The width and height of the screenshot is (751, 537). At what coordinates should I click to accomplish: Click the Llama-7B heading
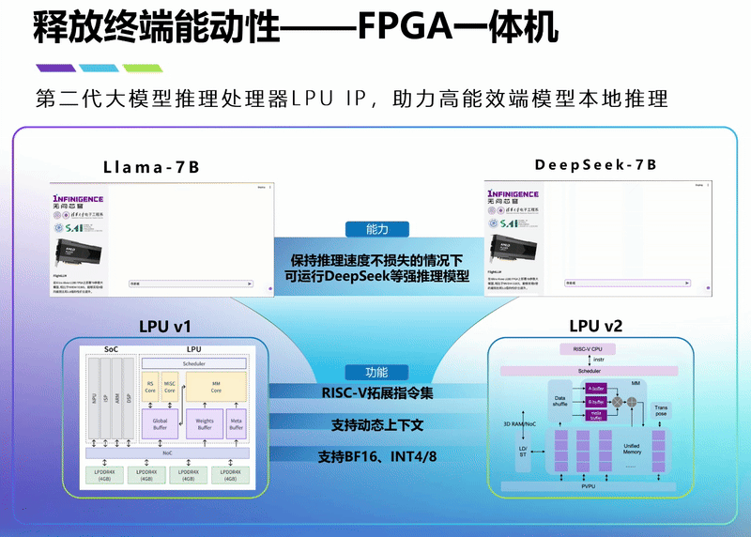pyautogui.click(x=151, y=168)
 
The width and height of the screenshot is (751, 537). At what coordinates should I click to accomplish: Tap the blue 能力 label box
pyautogui.click(x=376, y=229)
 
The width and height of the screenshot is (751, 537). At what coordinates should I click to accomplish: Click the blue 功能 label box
pyautogui.click(x=376, y=372)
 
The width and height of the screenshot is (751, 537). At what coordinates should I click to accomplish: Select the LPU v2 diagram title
pyautogui.click(x=595, y=327)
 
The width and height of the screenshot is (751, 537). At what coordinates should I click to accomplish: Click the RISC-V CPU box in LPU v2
pyautogui.click(x=587, y=349)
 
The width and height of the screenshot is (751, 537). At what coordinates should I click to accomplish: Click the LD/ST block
pyautogui.click(x=523, y=452)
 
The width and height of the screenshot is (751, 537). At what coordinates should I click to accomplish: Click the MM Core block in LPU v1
pyautogui.click(x=216, y=389)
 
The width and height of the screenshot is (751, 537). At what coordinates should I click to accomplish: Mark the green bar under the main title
pyautogui.click(x=143, y=68)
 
